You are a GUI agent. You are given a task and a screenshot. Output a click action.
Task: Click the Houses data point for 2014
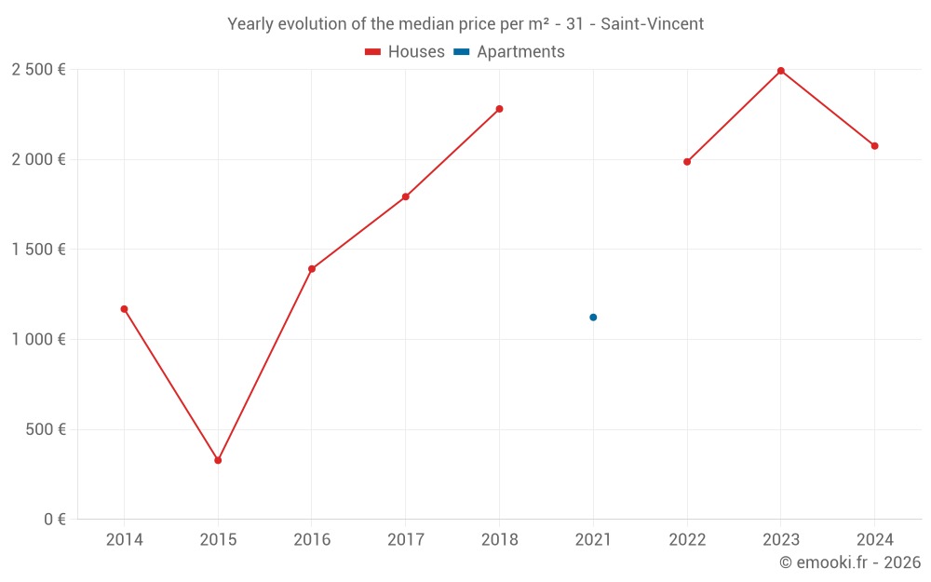click(124, 309)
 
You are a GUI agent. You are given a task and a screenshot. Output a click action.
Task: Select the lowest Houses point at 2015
click(218, 460)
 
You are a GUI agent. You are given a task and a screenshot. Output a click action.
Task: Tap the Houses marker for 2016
click(312, 269)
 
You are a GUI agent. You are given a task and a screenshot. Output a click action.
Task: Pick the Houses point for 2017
click(406, 196)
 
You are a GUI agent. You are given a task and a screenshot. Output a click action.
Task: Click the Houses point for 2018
click(499, 109)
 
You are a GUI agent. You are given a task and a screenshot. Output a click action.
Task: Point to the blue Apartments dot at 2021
click(593, 318)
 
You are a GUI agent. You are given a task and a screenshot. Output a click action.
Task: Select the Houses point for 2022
click(687, 162)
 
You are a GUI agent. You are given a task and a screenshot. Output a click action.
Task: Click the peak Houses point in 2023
click(781, 71)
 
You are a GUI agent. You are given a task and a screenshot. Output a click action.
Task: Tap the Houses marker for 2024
click(875, 146)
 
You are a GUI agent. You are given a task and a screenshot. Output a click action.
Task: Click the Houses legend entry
click(405, 52)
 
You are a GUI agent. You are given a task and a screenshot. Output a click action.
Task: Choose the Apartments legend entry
click(509, 52)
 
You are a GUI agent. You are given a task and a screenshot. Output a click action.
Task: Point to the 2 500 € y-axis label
click(38, 69)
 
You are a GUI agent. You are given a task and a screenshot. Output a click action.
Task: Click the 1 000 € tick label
click(38, 339)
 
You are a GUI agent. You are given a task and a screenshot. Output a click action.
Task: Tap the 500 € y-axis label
click(45, 429)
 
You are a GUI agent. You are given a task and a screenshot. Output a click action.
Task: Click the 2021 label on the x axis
click(593, 540)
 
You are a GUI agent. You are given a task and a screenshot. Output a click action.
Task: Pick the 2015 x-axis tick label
click(218, 540)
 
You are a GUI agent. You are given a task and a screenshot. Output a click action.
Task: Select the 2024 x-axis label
click(875, 540)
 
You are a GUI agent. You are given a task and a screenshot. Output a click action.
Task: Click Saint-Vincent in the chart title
click(652, 24)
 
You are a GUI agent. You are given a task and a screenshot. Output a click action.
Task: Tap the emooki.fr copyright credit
click(850, 562)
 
